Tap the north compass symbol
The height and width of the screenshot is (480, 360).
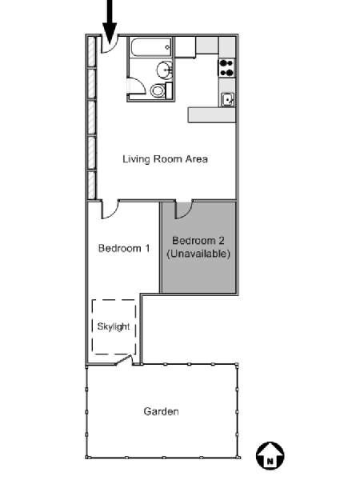[270, 455]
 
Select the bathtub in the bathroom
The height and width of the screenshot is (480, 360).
[151, 47]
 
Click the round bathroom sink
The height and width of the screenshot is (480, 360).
[165, 70]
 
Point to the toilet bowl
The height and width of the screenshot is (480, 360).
[158, 90]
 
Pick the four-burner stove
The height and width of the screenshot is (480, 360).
[227, 68]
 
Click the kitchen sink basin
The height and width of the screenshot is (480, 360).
[227, 100]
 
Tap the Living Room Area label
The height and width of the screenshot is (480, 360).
[166, 159]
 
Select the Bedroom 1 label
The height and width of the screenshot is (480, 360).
[124, 248]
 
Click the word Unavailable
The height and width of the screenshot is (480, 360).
[198, 254]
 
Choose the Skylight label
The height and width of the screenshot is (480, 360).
[114, 326]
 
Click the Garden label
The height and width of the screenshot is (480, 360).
[162, 411]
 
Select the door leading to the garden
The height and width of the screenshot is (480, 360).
[124, 360]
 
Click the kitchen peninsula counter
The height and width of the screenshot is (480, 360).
[211, 114]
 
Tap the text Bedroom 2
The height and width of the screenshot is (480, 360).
[198, 241]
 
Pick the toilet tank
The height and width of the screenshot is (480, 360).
[169, 90]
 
